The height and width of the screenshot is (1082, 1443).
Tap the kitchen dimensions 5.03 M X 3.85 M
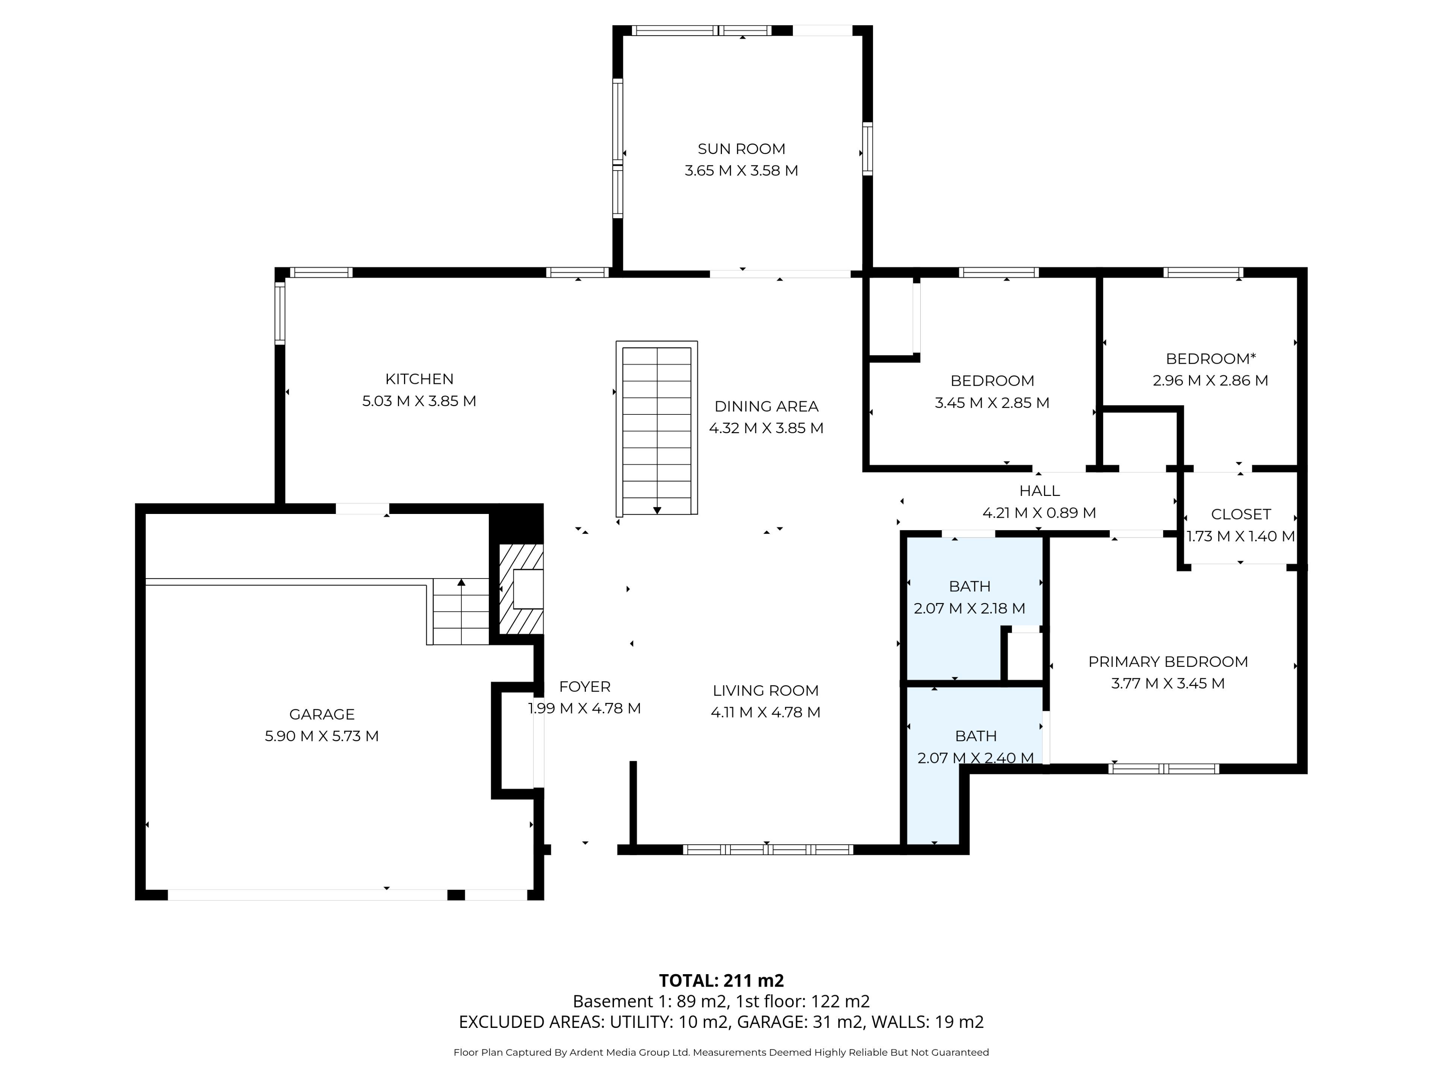pyautogui.click(x=419, y=401)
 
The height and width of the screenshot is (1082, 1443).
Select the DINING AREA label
pyautogui.click(x=767, y=407)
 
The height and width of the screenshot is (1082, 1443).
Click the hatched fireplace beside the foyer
pyautogui.click(x=521, y=589)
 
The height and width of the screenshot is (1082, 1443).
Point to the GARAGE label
pyautogui.click(x=322, y=714)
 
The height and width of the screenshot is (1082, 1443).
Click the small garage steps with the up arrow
pyautogui.click(x=461, y=611)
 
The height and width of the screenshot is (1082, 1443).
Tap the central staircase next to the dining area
pyautogui.click(x=657, y=429)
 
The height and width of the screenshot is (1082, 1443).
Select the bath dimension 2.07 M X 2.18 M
pyautogui.click(x=970, y=609)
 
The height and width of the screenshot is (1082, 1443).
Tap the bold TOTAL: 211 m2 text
pyautogui.click(x=721, y=980)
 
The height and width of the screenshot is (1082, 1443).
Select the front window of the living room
pyautogui.click(x=768, y=849)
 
